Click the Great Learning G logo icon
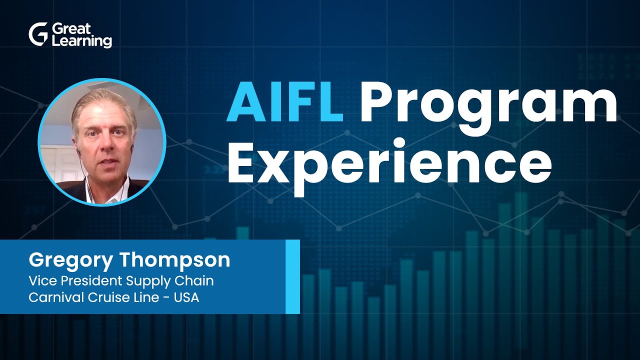coord(38,35)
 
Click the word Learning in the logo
coord(81,41)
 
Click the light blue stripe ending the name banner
coord(292,276)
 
